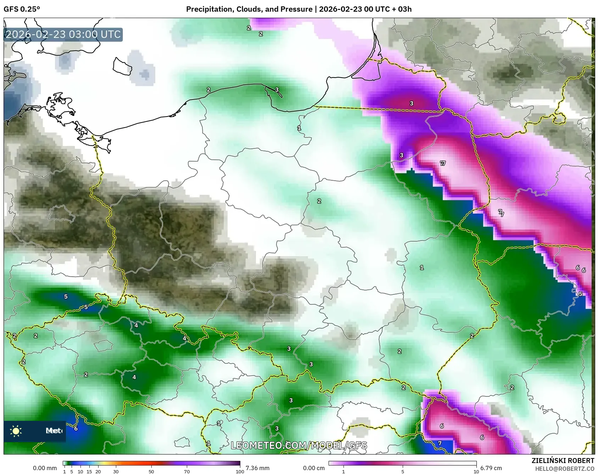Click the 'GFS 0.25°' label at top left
tap(22, 9)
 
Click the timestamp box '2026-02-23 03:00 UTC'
tap(63, 35)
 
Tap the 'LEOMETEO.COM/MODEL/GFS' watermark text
tap(299, 445)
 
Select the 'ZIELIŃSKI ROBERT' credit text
tap(563, 461)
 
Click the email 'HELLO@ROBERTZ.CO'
tap(564, 469)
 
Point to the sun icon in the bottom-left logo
tap(16, 431)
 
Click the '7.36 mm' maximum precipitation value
tap(257, 468)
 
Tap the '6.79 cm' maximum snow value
tap(491, 468)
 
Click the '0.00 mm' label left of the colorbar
tap(45, 468)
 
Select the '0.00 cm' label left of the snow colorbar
tap(313, 468)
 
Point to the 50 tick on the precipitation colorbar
tap(151, 472)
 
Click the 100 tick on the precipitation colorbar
tap(240, 472)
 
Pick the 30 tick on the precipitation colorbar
tap(116, 472)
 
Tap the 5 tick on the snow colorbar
tap(403, 472)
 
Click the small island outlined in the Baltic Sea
tap(122, 67)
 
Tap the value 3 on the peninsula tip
tap(277, 90)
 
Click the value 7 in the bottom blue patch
tap(440, 443)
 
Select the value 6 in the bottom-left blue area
tap(76, 428)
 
